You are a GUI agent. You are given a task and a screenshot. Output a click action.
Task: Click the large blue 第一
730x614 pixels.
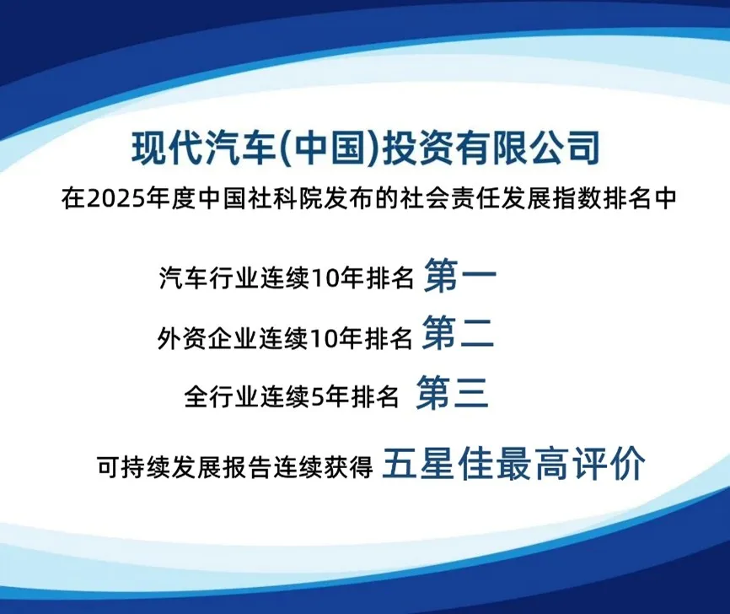460,276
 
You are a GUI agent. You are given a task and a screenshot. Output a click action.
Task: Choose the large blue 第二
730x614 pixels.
458,332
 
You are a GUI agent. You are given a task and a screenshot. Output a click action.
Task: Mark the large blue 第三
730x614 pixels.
453,393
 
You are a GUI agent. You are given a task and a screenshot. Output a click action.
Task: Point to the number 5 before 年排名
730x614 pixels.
316,398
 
